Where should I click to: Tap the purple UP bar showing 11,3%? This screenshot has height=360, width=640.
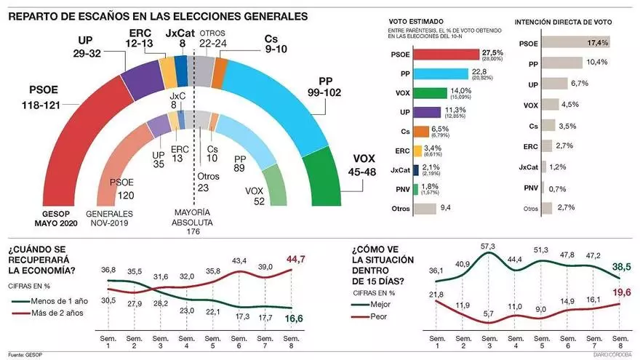(x=427, y=112)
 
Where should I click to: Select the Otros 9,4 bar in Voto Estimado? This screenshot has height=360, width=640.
(x=423, y=209)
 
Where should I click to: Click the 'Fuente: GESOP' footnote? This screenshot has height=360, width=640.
(x=25, y=356)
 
